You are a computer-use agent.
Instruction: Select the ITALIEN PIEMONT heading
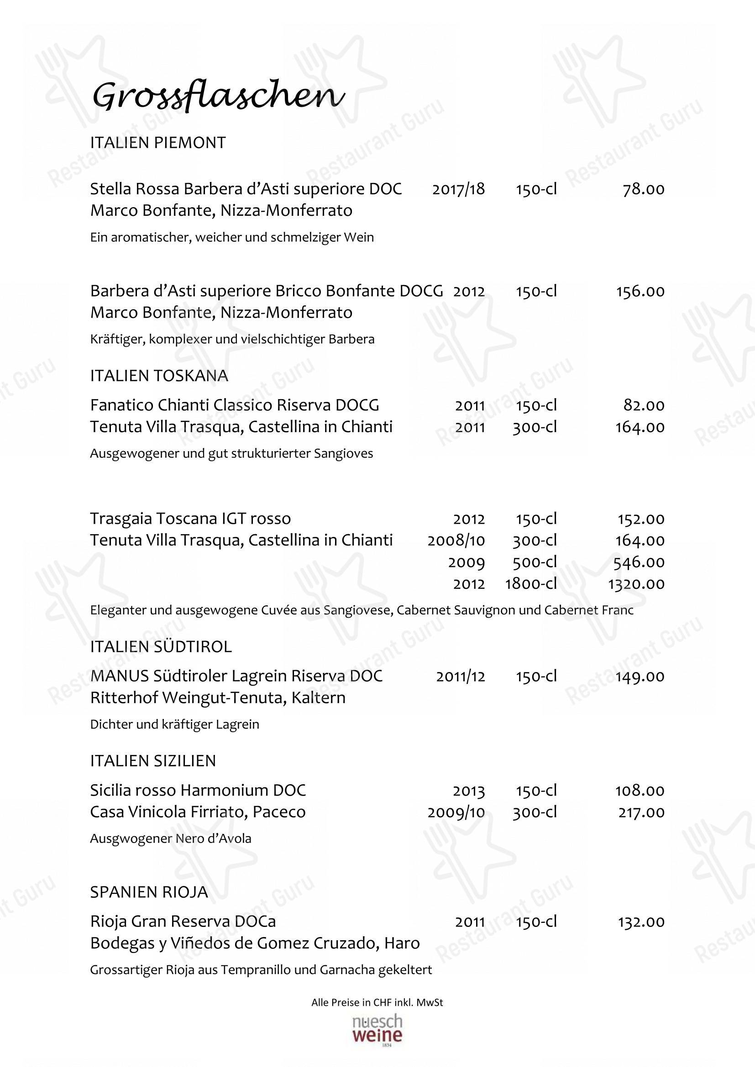coord(158,143)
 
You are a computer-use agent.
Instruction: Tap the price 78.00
coord(644,189)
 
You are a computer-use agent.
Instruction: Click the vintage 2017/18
coord(458,189)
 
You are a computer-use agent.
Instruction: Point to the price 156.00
coord(640,291)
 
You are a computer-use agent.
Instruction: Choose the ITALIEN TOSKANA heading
coord(159,375)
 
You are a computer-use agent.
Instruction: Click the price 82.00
coord(644,405)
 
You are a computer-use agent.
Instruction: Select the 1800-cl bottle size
coord(531,584)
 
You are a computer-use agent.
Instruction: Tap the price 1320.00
coord(636,584)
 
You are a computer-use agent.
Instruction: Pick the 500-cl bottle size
coord(535,562)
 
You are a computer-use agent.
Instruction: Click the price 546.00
coord(639,562)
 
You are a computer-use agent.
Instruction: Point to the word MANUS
coord(119,676)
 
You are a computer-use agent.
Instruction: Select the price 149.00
coord(640,676)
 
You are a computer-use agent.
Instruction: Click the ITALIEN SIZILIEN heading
coord(153,761)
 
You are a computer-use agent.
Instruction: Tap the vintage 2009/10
coord(456,812)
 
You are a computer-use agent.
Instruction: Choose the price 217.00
coord(641,812)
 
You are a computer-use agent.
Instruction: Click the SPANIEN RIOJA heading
coord(149,892)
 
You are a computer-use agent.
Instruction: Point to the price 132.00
coord(641,922)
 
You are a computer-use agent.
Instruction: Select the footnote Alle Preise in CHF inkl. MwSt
coord(377,1002)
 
